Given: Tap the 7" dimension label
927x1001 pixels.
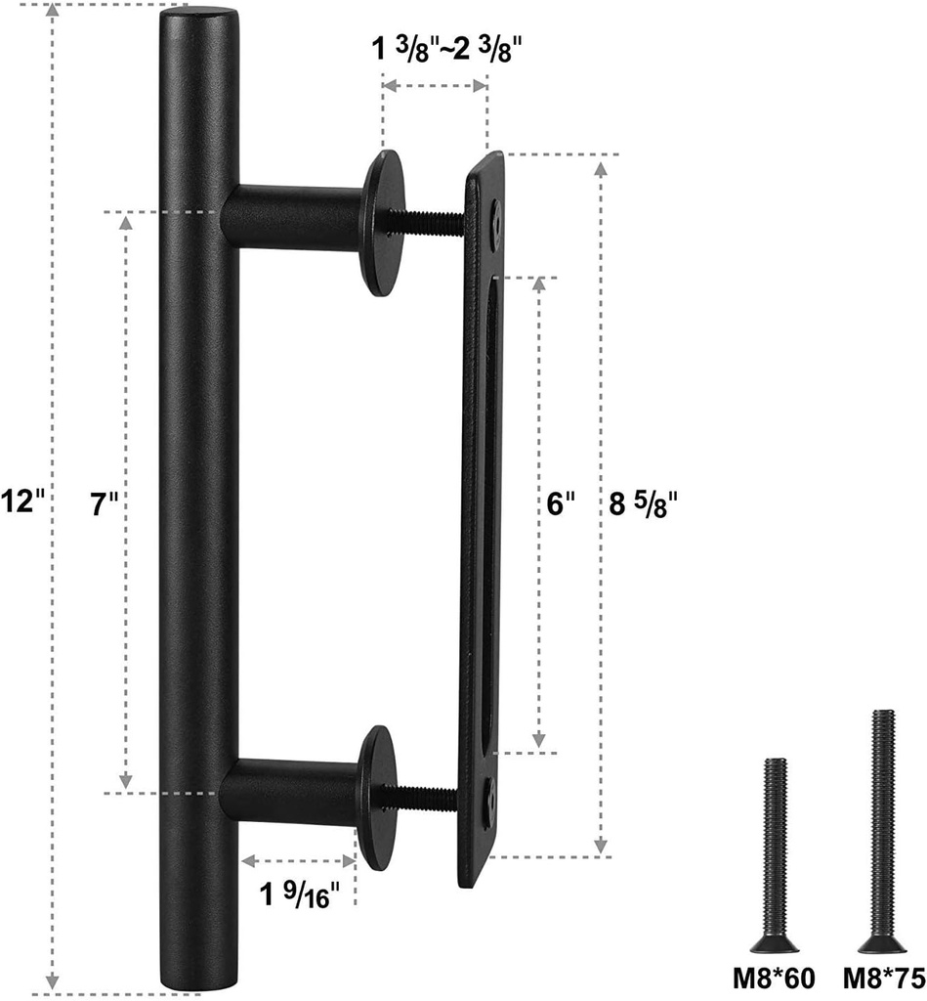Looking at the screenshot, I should pos(104,504).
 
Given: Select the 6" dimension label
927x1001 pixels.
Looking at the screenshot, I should pos(560,504).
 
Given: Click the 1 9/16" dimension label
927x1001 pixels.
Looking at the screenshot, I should pos(300,892).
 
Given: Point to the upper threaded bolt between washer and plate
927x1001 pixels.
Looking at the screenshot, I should pos(430,222).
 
